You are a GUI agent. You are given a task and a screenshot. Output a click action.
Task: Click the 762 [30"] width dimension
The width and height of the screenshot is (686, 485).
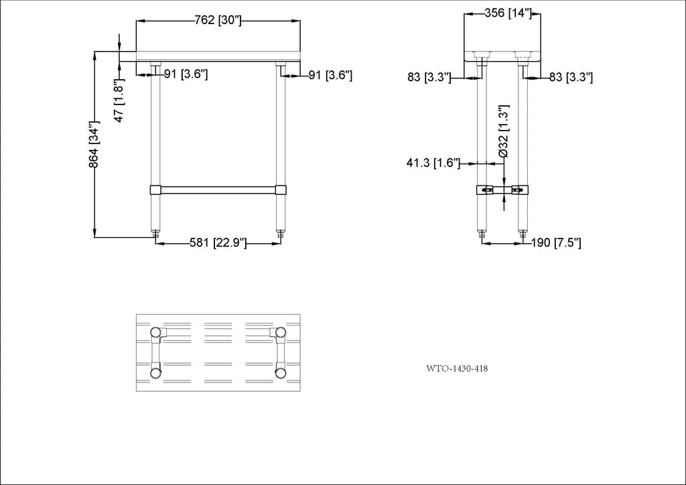tap(218, 20)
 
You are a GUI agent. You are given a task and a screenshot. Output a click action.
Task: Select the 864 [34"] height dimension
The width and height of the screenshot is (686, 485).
tap(94, 145)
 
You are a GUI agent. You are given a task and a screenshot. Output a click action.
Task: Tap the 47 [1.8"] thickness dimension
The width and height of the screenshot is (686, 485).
tap(119, 100)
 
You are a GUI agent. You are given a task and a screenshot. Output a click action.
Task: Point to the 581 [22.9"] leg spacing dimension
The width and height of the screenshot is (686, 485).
tap(218, 242)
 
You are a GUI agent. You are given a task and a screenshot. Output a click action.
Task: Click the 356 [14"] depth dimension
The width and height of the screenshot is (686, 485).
tap(508, 13)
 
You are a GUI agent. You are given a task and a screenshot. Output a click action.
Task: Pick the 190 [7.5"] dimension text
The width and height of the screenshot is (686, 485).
tap(556, 242)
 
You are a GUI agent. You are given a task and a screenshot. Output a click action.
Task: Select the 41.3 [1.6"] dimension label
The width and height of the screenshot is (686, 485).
tap(433, 163)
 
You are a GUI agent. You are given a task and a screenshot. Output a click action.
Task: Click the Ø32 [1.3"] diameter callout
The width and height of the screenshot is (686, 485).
tap(504, 131)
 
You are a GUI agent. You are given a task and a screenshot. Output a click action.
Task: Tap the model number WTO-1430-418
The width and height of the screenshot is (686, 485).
tap(457, 368)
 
